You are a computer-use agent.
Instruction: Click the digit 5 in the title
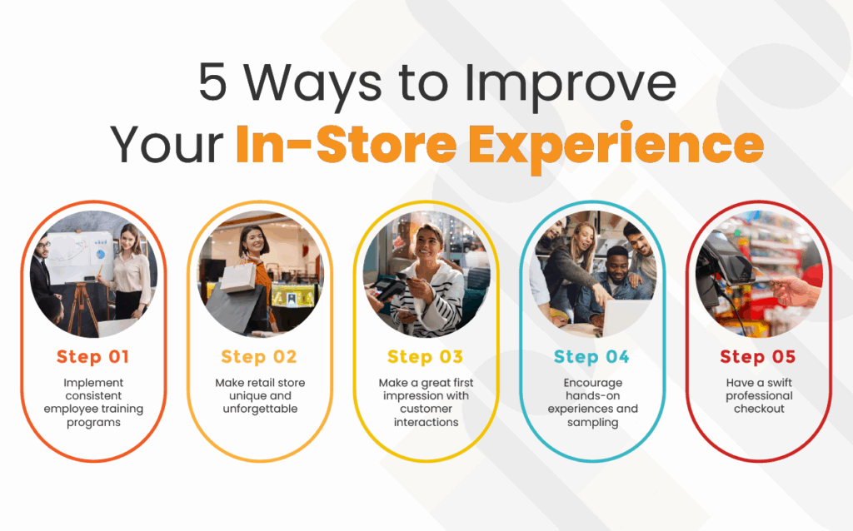coord(212,82)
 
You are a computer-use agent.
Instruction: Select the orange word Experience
coord(616,146)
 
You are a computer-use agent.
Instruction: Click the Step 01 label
coord(93,357)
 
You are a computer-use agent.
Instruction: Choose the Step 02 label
coord(259,357)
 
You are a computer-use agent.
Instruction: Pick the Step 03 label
coord(426,357)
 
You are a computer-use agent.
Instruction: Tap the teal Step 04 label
coord(592,357)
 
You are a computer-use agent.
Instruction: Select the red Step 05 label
coord(758,357)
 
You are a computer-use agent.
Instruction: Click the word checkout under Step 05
coord(759,409)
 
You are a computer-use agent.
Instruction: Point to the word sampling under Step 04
coord(592,423)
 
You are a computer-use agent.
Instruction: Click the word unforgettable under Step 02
coord(260,409)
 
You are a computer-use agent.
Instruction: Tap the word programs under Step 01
coord(93,423)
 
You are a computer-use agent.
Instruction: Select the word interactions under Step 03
coord(426,422)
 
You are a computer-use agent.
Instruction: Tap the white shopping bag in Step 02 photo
coord(237,276)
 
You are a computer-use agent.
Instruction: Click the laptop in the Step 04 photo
coord(626,316)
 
